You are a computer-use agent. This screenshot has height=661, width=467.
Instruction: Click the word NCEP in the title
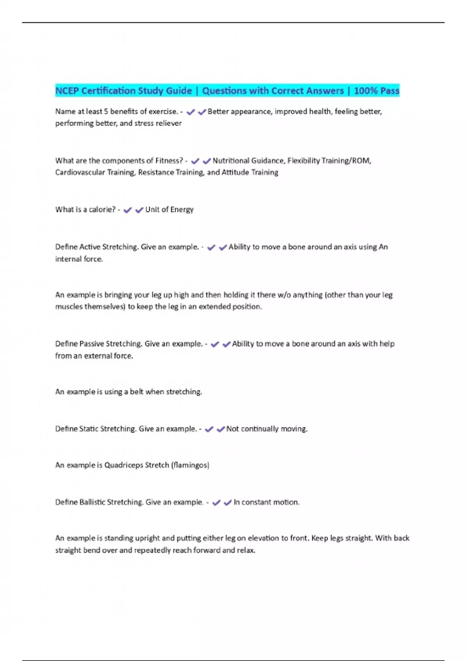click(67, 91)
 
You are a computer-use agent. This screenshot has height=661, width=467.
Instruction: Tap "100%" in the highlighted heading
click(366, 91)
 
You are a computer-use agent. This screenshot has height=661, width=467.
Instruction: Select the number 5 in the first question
click(106, 112)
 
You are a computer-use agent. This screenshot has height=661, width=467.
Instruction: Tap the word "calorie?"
click(102, 210)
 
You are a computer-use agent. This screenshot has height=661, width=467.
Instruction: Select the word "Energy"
click(181, 210)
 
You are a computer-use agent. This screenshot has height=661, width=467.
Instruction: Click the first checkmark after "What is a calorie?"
click(128, 210)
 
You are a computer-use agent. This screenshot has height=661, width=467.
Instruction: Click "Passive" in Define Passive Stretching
click(91, 344)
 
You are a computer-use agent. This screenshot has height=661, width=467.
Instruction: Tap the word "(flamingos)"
click(190, 465)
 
